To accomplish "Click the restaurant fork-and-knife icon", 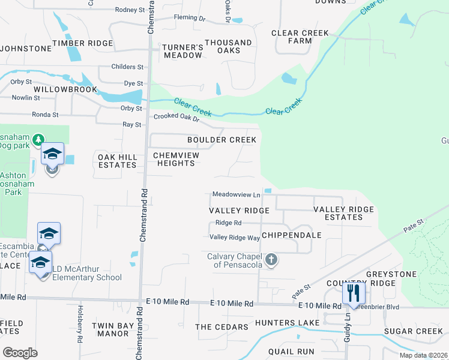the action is [x=353, y=293].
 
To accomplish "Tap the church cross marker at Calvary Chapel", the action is [x=271, y=260].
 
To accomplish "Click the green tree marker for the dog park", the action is [x=38, y=140].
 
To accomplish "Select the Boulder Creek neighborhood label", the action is [x=221, y=140].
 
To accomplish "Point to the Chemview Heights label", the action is [x=176, y=159].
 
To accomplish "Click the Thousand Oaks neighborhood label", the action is [x=228, y=46].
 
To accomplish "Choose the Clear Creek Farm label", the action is [x=300, y=37].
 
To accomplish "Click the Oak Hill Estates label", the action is [x=118, y=161].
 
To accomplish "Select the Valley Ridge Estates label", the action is [x=343, y=213].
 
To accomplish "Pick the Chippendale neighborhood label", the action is [x=291, y=235].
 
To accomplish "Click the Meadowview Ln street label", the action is [x=237, y=194].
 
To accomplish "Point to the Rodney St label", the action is [x=130, y=10].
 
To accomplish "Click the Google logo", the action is [x=20, y=352].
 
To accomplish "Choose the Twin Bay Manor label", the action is [x=110, y=329].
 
